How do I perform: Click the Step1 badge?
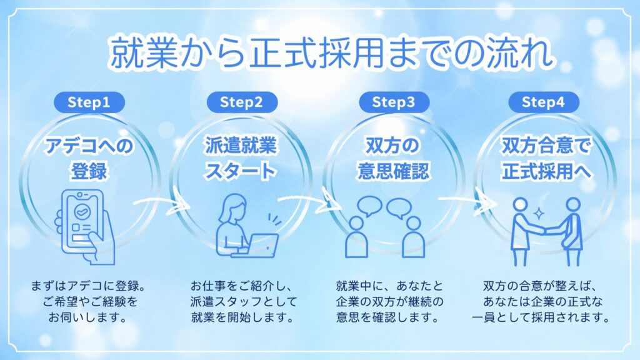coord(88,102)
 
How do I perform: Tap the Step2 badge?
coord(241,102)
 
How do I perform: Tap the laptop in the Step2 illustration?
coord(256,244)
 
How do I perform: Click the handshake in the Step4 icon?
coord(546,229)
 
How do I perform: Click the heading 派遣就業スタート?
coord(241,158)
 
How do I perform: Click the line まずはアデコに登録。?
coord(88,287)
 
